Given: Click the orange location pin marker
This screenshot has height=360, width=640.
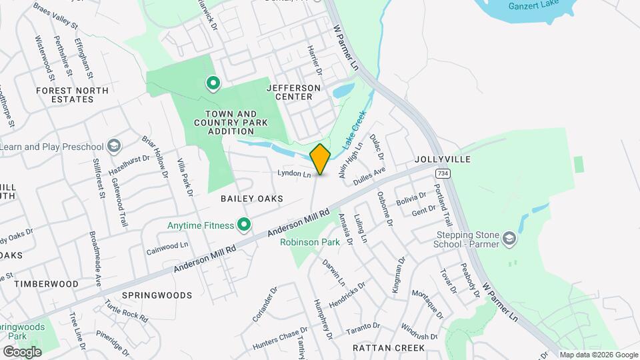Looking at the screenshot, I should pyautogui.click(x=320, y=159).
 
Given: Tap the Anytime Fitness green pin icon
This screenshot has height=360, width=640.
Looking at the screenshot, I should pyautogui.click(x=245, y=226).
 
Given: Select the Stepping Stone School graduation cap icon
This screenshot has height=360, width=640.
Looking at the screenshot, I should pyautogui.click(x=510, y=239).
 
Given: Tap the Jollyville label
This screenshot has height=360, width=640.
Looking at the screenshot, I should pyautogui.click(x=442, y=159).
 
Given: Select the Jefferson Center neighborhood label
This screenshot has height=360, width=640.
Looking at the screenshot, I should pyautogui.click(x=293, y=92).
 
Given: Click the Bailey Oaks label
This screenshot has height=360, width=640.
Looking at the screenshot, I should pyautogui.click(x=252, y=199).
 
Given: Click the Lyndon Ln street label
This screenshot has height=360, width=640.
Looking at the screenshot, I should pyautogui.click(x=295, y=174).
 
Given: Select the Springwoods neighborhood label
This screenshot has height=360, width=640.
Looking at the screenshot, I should pyautogui.click(x=157, y=295).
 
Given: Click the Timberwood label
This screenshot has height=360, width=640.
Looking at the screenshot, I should pyautogui.click(x=46, y=283).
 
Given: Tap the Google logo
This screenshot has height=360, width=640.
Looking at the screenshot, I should pyautogui.click(x=22, y=351).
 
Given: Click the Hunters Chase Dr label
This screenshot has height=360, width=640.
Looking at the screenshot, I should pyautogui.click(x=281, y=338).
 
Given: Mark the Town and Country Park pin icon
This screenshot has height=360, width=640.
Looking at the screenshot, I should pyautogui.click(x=213, y=83).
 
